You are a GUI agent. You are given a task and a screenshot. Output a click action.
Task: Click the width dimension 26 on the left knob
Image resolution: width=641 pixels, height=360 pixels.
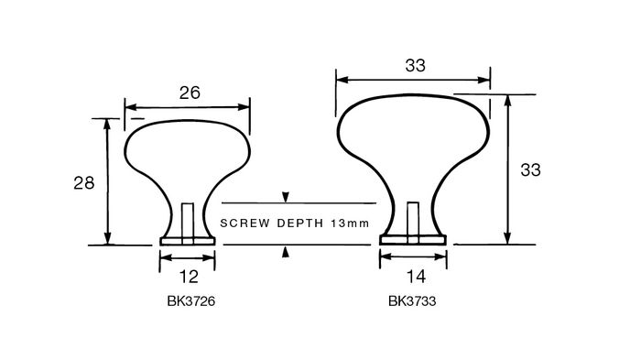[190, 93]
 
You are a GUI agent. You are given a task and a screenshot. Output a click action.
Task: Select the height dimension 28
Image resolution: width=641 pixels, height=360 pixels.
[84, 183]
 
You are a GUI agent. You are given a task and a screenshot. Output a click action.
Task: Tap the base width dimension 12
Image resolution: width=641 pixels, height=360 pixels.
[189, 277]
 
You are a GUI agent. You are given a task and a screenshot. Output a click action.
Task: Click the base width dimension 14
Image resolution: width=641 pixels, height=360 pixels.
[416, 277]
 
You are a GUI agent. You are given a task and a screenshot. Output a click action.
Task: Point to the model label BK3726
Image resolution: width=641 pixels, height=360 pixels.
[190, 301]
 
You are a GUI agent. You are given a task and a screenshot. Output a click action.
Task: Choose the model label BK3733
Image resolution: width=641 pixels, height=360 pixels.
[412, 301]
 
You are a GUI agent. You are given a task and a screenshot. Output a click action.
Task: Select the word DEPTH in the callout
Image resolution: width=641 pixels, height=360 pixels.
[300, 224]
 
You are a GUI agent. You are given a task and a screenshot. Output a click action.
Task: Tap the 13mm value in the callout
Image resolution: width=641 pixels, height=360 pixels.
[350, 224]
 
